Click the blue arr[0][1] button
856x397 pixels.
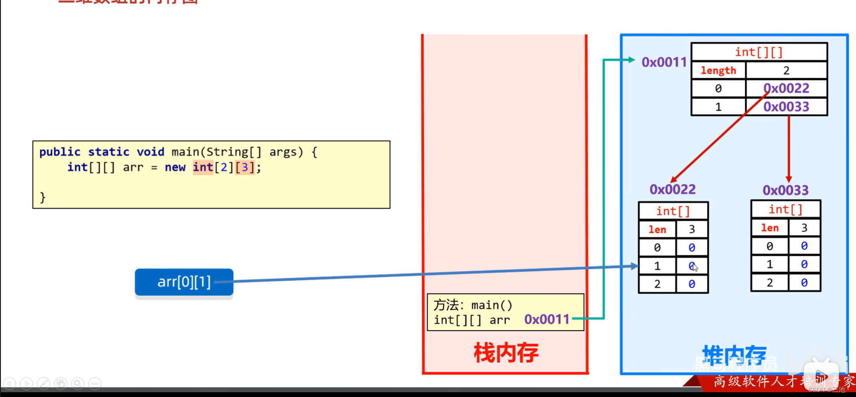(x=184, y=282)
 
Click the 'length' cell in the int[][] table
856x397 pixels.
(x=718, y=70)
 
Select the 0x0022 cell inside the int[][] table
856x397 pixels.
(x=786, y=89)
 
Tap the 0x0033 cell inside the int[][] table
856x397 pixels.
(x=786, y=107)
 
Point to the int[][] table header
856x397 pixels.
(x=759, y=52)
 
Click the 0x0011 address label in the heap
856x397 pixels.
(x=664, y=62)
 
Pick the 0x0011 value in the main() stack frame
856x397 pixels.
(x=547, y=319)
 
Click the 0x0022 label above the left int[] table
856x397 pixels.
(x=672, y=189)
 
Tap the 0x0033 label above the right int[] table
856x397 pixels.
(x=785, y=190)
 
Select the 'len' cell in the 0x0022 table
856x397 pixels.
(x=657, y=230)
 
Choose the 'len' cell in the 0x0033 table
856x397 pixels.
(x=770, y=228)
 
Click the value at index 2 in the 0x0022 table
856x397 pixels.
(x=691, y=284)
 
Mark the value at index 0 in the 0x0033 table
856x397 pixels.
(x=804, y=246)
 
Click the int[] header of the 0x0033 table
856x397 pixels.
(x=785, y=210)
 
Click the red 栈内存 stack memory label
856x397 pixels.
(x=506, y=353)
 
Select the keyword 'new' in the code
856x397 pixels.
(x=175, y=167)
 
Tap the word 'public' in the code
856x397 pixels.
(x=60, y=152)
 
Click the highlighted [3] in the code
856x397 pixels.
(x=244, y=167)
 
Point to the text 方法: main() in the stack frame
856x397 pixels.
(x=473, y=305)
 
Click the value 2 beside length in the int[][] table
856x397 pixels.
(x=786, y=70)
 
